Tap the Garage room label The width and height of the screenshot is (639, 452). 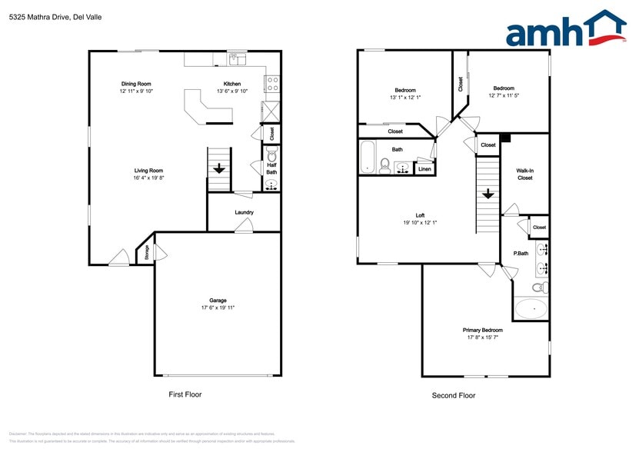click(x=218, y=300)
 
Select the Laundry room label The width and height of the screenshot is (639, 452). click(x=245, y=212)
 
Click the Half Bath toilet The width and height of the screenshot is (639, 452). click(x=271, y=152)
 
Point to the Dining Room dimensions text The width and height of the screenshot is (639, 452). click(x=136, y=91)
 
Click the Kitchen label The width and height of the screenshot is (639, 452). click(x=232, y=84)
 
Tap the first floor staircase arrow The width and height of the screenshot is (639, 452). click(x=219, y=168)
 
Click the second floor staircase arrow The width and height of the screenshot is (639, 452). click(x=488, y=194)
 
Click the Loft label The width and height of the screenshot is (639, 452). click(x=421, y=216)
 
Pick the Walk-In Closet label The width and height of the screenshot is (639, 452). click(x=524, y=174)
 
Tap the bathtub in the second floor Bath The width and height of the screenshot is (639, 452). click(x=368, y=158)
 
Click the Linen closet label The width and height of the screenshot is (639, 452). click(x=424, y=168)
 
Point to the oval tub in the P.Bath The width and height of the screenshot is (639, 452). click(x=531, y=309)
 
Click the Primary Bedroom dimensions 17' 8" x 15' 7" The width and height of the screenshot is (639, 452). click(x=484, y=337)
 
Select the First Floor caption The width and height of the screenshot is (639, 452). click(x=185, y=394)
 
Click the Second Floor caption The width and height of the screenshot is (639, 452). click(x=454, y=395)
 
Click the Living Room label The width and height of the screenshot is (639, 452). click(x=148, y=171)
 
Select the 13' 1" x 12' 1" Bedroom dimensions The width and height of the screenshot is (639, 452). click(x=405, y=98)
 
